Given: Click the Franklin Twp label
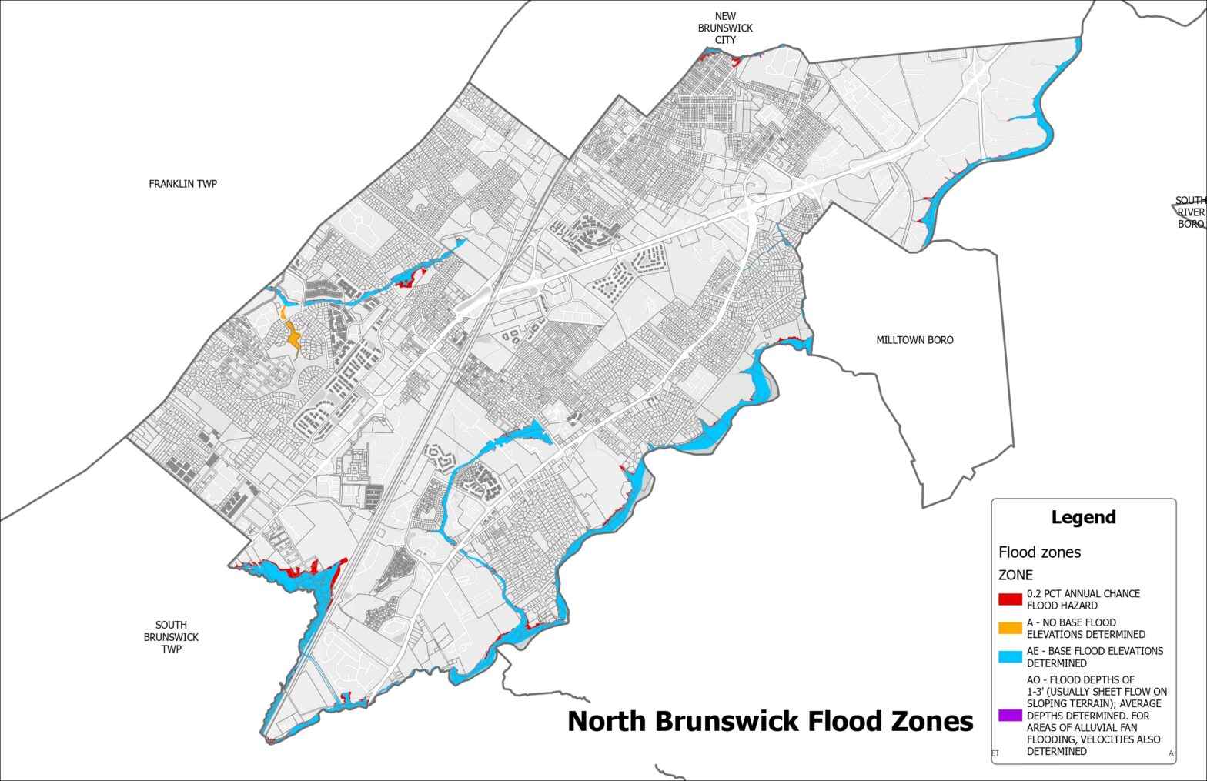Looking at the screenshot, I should coord(182,184).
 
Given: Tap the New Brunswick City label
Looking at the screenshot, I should coord(725,28).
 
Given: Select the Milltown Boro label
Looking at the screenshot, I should coord(914,340).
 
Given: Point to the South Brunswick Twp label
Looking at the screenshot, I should coord(171,637).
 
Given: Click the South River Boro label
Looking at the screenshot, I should coord(1190,212).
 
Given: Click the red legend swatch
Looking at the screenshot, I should coord(1010,599).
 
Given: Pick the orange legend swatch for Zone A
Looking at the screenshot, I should coord(1010,628).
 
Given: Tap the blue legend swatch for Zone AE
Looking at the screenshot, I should coord(1010,656).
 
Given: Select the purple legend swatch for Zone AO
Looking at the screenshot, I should coord(1010,716).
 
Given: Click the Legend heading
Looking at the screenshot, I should coord(1083,517).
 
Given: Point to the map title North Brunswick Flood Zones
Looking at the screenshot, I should coord(770,722).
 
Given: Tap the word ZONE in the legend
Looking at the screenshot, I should coord(1015,575).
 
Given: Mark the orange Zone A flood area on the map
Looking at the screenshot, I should coord(293,335).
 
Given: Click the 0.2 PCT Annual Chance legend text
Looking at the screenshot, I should coord(1083,599).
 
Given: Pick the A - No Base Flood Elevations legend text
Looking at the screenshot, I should coord(1085,628).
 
